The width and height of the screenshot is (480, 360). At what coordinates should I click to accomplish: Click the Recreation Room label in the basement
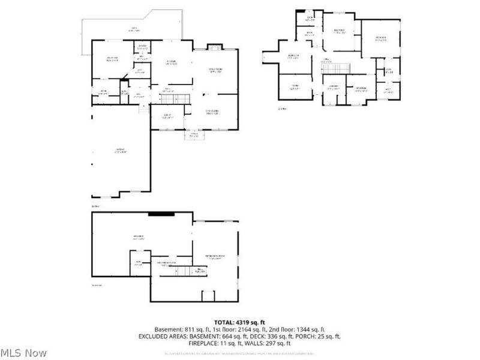pos(215,257)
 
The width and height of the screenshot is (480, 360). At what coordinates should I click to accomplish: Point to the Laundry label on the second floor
pos(334,87)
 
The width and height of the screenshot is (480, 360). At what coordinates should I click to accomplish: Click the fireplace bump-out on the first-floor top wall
pos(214,46)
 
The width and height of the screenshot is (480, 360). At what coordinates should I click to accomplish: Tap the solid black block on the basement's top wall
pos(161,212)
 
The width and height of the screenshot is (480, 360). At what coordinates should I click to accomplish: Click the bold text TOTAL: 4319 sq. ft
pos(240,322)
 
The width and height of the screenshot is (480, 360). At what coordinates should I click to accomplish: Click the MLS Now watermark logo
pos(24,352)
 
